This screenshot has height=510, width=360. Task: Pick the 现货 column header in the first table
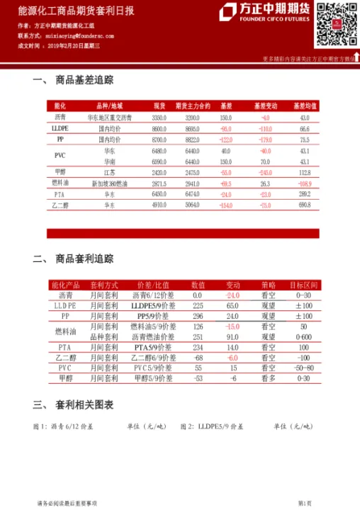click(x=159, y=106)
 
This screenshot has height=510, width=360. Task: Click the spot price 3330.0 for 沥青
click(x=159, y=118)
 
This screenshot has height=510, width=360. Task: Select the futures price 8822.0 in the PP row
click(x=192, y=140)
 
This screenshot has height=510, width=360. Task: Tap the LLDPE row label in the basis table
click(x=60, y=129)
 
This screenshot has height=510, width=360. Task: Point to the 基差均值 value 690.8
click(x=305, y=205)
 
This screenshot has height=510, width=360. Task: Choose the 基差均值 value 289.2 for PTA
click(x=305, y=193)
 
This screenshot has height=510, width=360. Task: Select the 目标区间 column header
click(x=303, y=284)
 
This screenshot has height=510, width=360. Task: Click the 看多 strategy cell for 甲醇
click(x=268, y=379)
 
